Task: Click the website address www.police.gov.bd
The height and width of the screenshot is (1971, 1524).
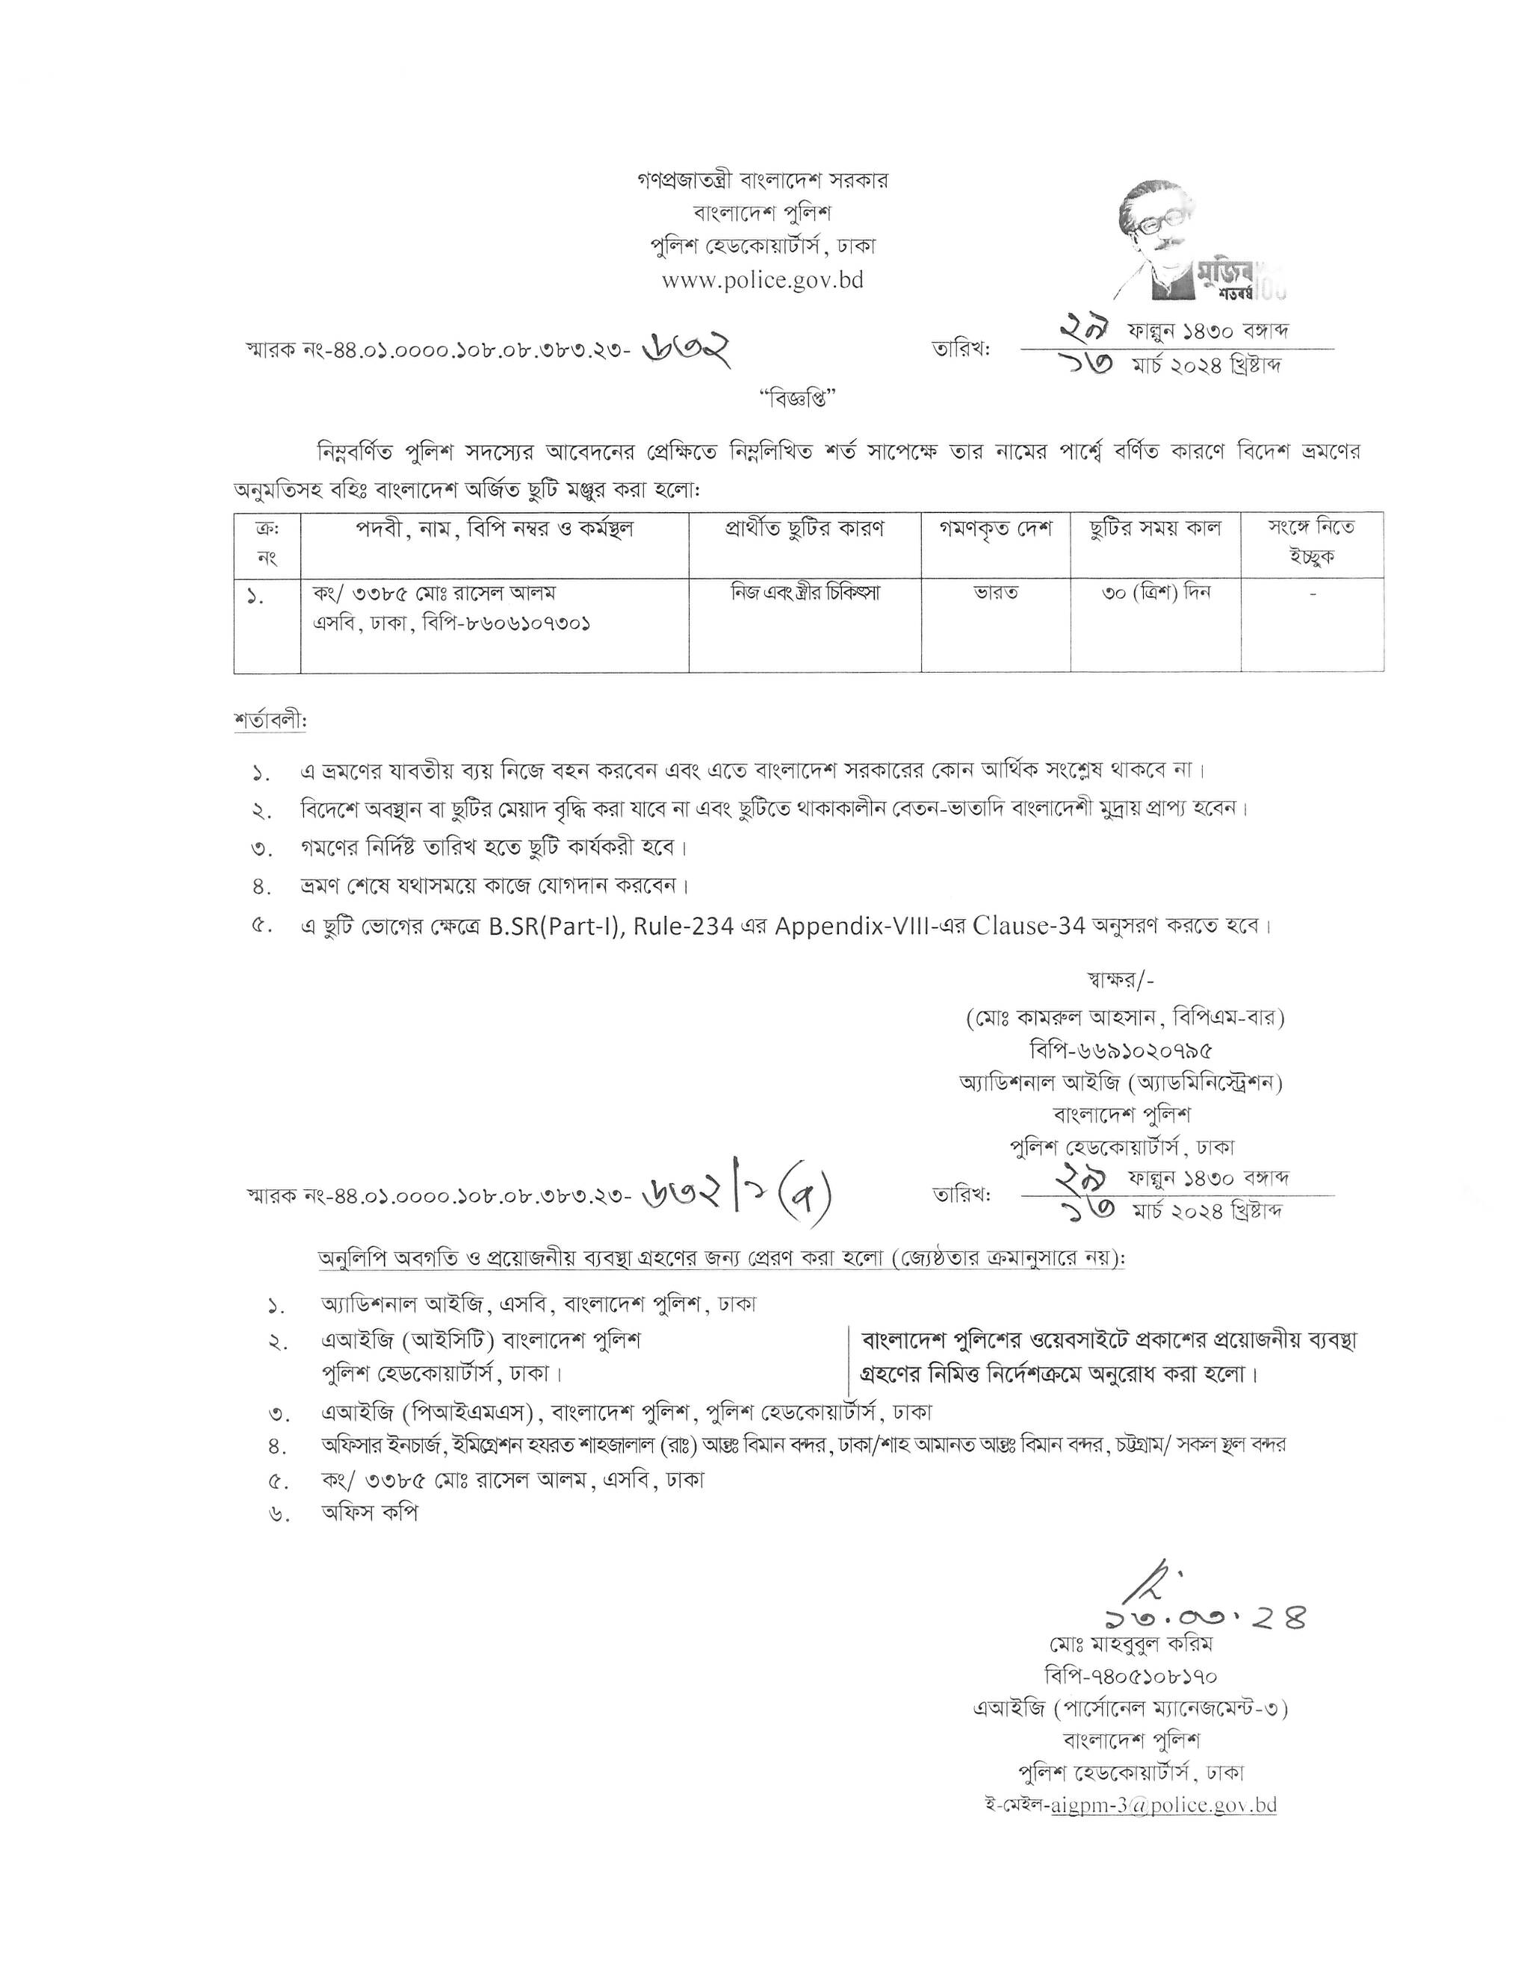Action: click(762, 281)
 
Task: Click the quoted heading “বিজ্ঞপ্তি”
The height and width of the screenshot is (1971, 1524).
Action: click(762, 398)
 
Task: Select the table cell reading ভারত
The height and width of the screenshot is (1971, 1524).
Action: click(995, 594)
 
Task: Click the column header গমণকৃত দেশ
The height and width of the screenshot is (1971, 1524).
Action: click(995, 529)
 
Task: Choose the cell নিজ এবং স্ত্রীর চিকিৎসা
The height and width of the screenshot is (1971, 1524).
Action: click(805, 593)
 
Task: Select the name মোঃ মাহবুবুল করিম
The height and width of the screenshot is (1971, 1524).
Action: click(1130, 1643)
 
